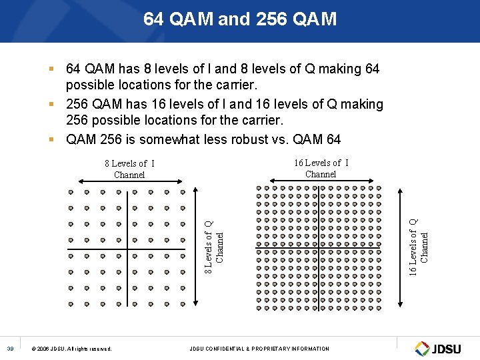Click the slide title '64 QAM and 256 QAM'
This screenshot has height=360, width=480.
240,19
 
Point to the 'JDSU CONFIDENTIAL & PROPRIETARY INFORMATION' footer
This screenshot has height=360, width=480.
259,349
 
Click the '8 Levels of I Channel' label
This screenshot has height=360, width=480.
129,169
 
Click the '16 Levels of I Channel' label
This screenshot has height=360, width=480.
321,168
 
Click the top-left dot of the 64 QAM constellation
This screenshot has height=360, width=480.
71,192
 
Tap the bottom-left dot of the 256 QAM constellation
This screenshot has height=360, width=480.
259,309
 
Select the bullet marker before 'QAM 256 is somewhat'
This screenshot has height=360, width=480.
51,139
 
